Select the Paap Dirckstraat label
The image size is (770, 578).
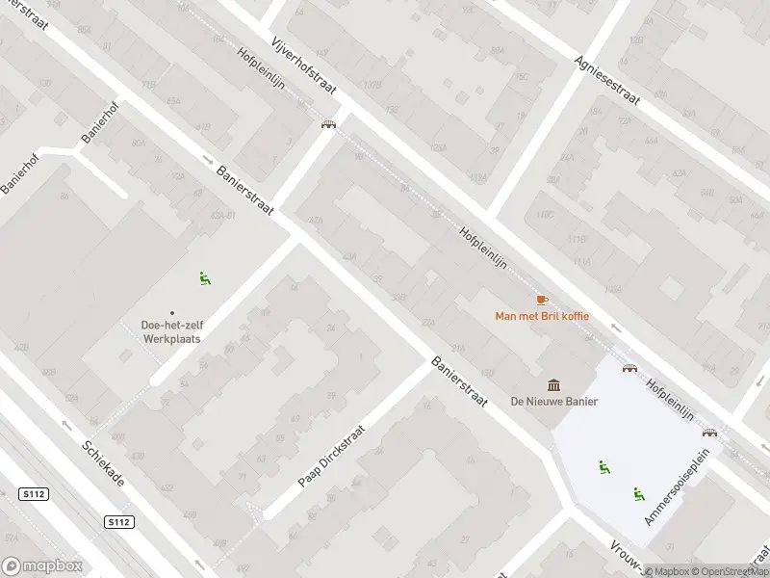(x=332, y=457)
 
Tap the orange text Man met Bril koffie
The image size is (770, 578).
(x=541, y=316)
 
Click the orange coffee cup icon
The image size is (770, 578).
(x=541, y=300)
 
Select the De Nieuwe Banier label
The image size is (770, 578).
(x=554, y=402)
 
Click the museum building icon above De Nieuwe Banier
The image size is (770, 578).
(x=554, y=385)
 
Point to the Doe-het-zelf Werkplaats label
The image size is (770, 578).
(x=172, y=331)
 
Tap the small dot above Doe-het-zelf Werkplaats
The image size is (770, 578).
(x=172, y=312)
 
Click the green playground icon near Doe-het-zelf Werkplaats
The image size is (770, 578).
(x=203, y=278)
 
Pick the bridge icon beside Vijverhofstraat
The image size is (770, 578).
(x=328, y=124)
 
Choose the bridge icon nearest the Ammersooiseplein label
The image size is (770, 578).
(x=709, y=433)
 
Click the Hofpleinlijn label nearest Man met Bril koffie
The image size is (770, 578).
(x=484, y=247)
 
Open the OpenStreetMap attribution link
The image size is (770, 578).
(x=731, y=571)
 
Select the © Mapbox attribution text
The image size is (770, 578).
(x=669, y=571)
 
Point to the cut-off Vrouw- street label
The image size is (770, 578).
(x=626, y=560)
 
